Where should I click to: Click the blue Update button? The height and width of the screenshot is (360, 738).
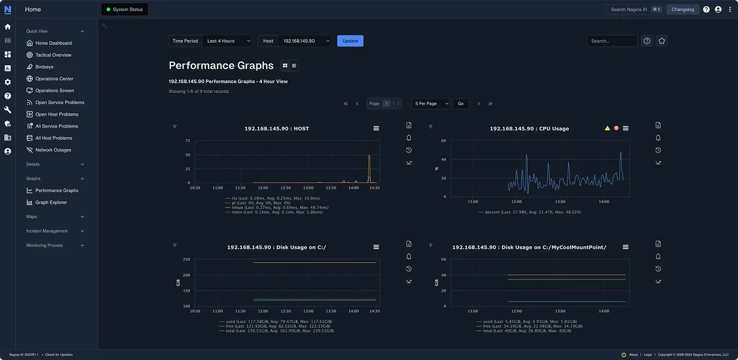tap(350, 41)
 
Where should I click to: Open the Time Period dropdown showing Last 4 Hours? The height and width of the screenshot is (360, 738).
tap(228, 41)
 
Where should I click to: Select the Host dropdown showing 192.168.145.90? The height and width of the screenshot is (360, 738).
tap(304, 41)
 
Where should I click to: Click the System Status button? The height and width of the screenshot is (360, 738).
tap(124, 9)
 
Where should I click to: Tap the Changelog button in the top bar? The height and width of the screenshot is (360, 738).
tap(683, 9)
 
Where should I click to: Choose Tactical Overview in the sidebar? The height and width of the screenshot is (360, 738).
tap(53, 55)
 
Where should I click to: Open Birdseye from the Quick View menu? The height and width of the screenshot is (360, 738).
tap(44, 66)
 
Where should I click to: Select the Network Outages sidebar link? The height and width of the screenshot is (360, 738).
tap(53, 150)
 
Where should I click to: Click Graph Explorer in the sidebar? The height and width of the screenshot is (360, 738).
tap(51, 202)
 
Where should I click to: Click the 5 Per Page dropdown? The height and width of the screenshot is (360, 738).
tap(430, 103)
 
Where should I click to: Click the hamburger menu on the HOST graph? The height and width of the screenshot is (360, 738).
tap(376, 128)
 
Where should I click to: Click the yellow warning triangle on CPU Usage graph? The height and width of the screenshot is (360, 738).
tap(607, 128)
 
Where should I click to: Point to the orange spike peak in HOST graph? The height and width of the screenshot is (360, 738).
tap(369, 156)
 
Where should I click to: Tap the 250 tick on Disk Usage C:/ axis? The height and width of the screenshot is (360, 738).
tap(187, 260)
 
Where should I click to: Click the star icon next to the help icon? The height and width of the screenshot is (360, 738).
tap(662, 41)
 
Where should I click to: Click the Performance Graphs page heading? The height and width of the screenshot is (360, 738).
tap(221, 65)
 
